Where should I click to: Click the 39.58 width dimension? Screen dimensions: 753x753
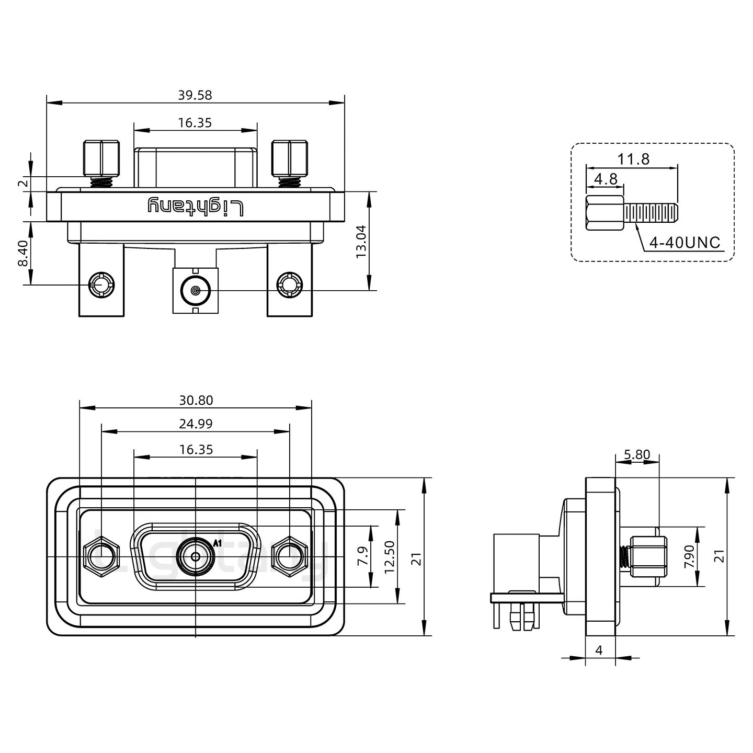195,95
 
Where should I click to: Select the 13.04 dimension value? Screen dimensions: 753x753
361,242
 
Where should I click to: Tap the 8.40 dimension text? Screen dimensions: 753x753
23,253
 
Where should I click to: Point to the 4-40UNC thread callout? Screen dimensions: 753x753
684,243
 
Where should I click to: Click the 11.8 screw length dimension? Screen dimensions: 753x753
633,159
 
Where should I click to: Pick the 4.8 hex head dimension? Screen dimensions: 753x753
606,179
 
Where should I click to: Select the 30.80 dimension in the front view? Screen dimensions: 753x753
196,401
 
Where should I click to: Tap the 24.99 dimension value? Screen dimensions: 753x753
196,424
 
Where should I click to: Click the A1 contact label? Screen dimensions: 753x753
218,543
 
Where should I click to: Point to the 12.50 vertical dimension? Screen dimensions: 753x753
389,556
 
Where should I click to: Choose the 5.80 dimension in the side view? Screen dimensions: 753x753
636,455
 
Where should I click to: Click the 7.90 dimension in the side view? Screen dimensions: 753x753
690,556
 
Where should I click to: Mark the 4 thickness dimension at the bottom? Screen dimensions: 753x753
599,650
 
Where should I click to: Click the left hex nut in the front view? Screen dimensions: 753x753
101,556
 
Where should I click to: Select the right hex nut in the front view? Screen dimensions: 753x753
289,556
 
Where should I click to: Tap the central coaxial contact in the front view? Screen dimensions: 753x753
195,556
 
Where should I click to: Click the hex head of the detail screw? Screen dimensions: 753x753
604,213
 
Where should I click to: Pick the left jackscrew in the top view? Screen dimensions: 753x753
101,159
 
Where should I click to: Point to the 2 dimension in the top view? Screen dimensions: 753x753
22,183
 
